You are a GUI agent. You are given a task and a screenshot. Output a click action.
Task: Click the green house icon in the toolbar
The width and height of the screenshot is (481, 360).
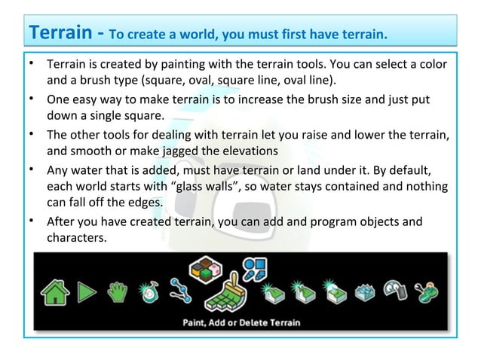pyautogui.click(x=55, y=291)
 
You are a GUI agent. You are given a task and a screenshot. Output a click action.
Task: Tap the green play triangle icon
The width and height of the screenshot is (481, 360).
pyautogui.click(x=87, y=291)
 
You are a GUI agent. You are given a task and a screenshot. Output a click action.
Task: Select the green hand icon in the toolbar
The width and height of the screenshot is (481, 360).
pyautogui.click(x=118, y=291)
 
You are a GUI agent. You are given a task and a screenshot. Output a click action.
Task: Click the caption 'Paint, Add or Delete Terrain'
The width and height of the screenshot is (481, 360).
pyautogui.click(x=241, y=322)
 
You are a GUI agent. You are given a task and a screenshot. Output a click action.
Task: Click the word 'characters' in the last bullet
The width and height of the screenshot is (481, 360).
pyautogui.click(x=76, y=238)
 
